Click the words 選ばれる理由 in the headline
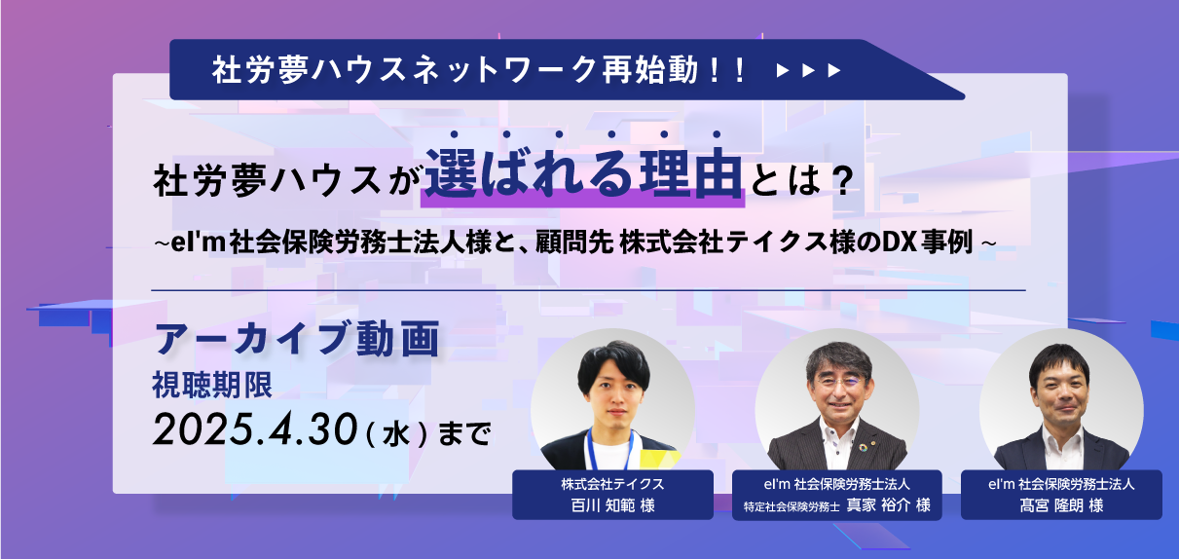pyautogui.click(x=583, y=173)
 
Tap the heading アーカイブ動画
pyautogui.click(x=297, y=338)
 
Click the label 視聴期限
pyautogui.click(x=212, y=386)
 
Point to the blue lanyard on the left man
pyautogui.click(x=610, y=449)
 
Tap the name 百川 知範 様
pyautogui.click(x=612, y=505)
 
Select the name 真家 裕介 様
pyautogui.click(x=889, y=505)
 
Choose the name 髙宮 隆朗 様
pyautogui.click(x=1061, y=505)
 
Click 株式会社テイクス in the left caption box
pyautogui.click(x=612, y=484)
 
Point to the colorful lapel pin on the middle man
pyautogui.click(x=863, y=448)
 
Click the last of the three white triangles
pyautogui.click(x=834, y=70)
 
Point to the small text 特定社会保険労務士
pyautogui.click(x=792, y=506)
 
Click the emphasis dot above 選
pyautogui.click(x=454, y=134)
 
